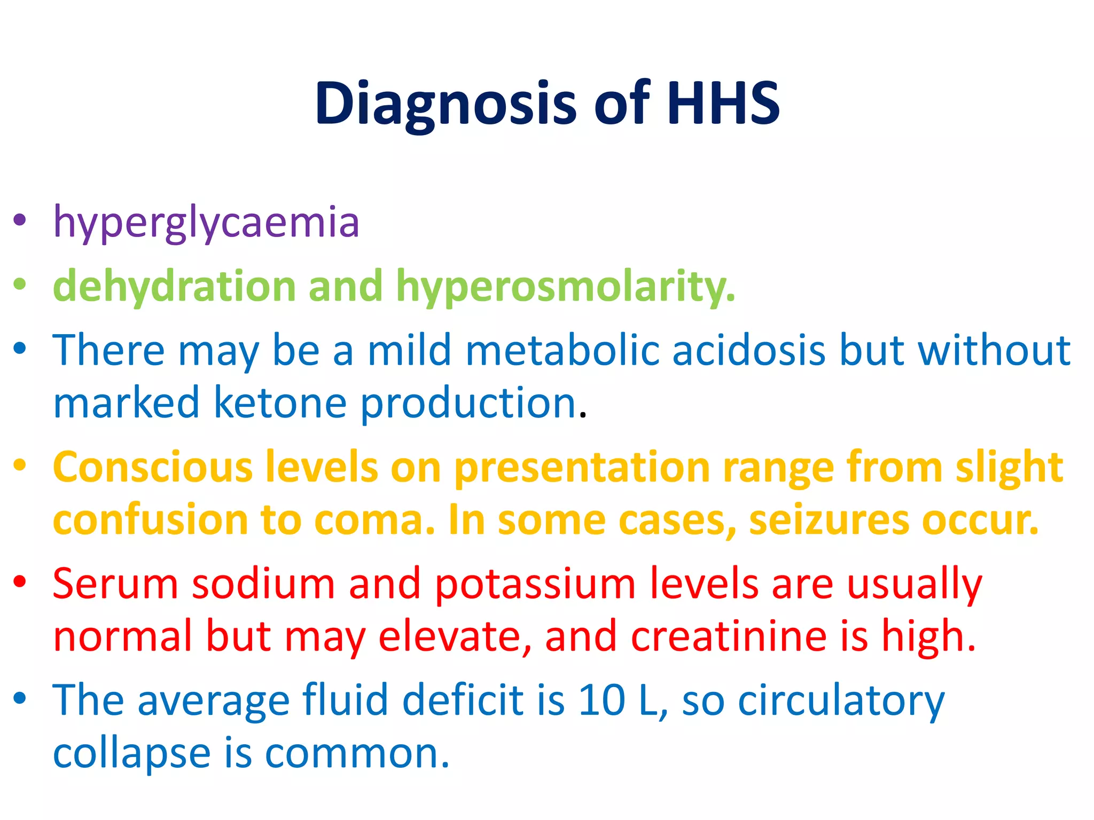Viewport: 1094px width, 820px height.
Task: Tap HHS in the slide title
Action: [x=723, y=104]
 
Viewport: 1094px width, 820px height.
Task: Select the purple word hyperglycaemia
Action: [x=206, y=222]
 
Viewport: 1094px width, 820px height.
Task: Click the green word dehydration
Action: [x=174, y=286]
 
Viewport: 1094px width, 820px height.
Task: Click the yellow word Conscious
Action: [x=153, y=467]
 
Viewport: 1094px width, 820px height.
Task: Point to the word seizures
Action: [x=829, y=520]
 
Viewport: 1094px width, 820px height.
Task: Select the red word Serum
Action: [x=115, y=584]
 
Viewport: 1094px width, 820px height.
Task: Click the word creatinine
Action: [x=729, y=636]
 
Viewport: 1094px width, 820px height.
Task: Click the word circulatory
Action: [x=841, y=701]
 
